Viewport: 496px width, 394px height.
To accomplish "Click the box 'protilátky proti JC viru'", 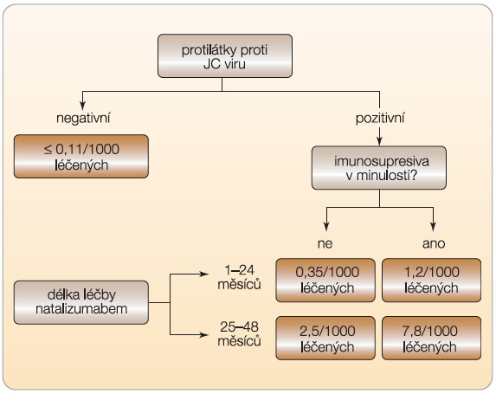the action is click(225, 56).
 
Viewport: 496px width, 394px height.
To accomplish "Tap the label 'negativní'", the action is click(83, 119).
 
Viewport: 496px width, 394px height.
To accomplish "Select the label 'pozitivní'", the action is click(380, 119).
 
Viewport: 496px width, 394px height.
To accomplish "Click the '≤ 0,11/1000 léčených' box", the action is click(81, 157).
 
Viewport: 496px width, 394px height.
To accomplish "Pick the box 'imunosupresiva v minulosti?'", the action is click(379, 168).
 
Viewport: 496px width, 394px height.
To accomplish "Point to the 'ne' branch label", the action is click(325, 243).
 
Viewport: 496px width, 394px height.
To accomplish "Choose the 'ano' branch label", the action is click(434, 243).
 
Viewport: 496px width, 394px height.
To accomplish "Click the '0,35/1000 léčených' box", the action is click(325, 280).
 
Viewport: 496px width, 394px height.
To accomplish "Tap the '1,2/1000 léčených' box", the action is click(431, 280).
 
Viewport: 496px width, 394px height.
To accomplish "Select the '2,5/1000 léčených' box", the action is click(325, 339).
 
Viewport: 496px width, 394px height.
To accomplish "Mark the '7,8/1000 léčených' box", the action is click(431, 339).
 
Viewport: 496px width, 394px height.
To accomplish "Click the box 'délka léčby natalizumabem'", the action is click(81, 302).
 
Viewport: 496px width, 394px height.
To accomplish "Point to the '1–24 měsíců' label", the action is click(239, 277).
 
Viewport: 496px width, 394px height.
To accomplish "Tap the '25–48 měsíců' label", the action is click(239, 334).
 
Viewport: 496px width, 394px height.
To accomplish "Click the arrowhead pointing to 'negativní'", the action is click(83, 106).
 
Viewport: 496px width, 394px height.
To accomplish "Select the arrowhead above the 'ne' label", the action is click(326, 226).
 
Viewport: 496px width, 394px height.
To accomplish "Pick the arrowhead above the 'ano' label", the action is click(434, 226).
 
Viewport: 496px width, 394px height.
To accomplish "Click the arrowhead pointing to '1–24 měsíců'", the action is click(204, 274).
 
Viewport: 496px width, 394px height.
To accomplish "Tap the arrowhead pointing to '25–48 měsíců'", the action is click(204, 334).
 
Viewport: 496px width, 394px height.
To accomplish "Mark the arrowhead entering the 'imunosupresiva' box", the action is click(380, 141).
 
